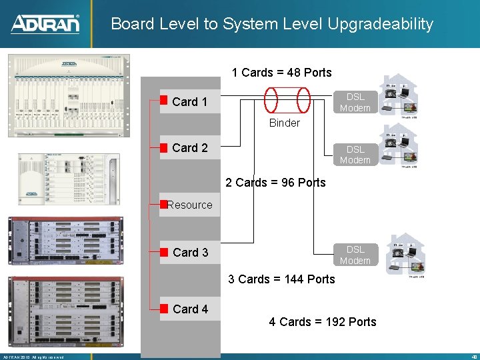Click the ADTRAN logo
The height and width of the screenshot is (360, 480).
point(45,24)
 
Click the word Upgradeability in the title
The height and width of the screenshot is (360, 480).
point(380,25)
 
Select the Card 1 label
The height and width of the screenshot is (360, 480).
point(189,102)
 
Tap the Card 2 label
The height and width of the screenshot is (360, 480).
point(189,148)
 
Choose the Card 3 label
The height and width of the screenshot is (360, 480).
point(190,252)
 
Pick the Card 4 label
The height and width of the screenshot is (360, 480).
point(190,309)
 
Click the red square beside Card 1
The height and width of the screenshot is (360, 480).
point(163,101)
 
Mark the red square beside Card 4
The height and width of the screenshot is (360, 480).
point(163,308)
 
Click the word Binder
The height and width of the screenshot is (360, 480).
point(285,123)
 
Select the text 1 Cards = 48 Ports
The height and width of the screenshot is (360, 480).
point(281,72)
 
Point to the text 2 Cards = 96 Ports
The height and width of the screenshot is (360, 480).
point(275,182)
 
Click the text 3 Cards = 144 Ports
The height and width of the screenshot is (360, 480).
point(281,279)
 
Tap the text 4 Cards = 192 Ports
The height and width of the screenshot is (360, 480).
point(323,322)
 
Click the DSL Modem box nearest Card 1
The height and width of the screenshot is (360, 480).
point(355,102)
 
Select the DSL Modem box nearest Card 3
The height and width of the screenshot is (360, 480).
point(355,255)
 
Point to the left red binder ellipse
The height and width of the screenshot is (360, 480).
point(271,100)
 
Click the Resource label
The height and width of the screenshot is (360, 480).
point(190,205)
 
